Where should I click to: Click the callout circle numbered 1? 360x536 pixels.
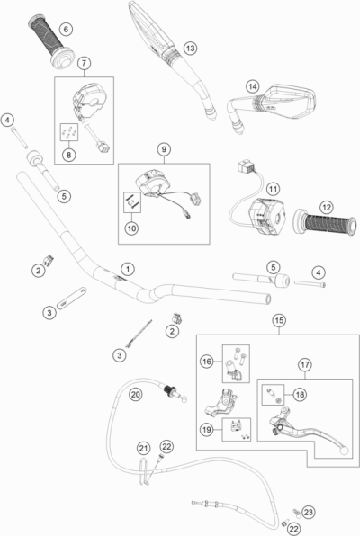128,269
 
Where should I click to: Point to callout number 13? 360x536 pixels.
190,48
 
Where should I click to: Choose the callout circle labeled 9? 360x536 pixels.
164,148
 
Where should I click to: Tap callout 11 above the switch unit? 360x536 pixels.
273,189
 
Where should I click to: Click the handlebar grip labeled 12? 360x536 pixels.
323,221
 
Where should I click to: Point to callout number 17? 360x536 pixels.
304,364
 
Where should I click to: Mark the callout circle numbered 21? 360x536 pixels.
142,448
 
